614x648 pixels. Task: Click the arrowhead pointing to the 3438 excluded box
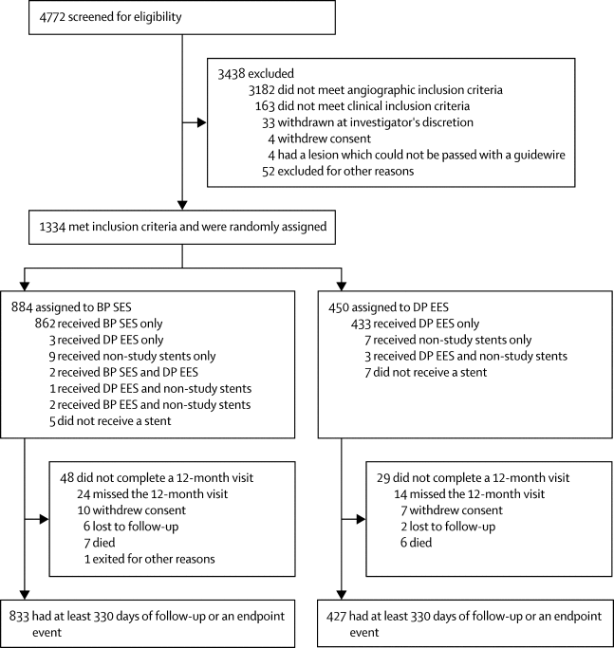200,122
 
